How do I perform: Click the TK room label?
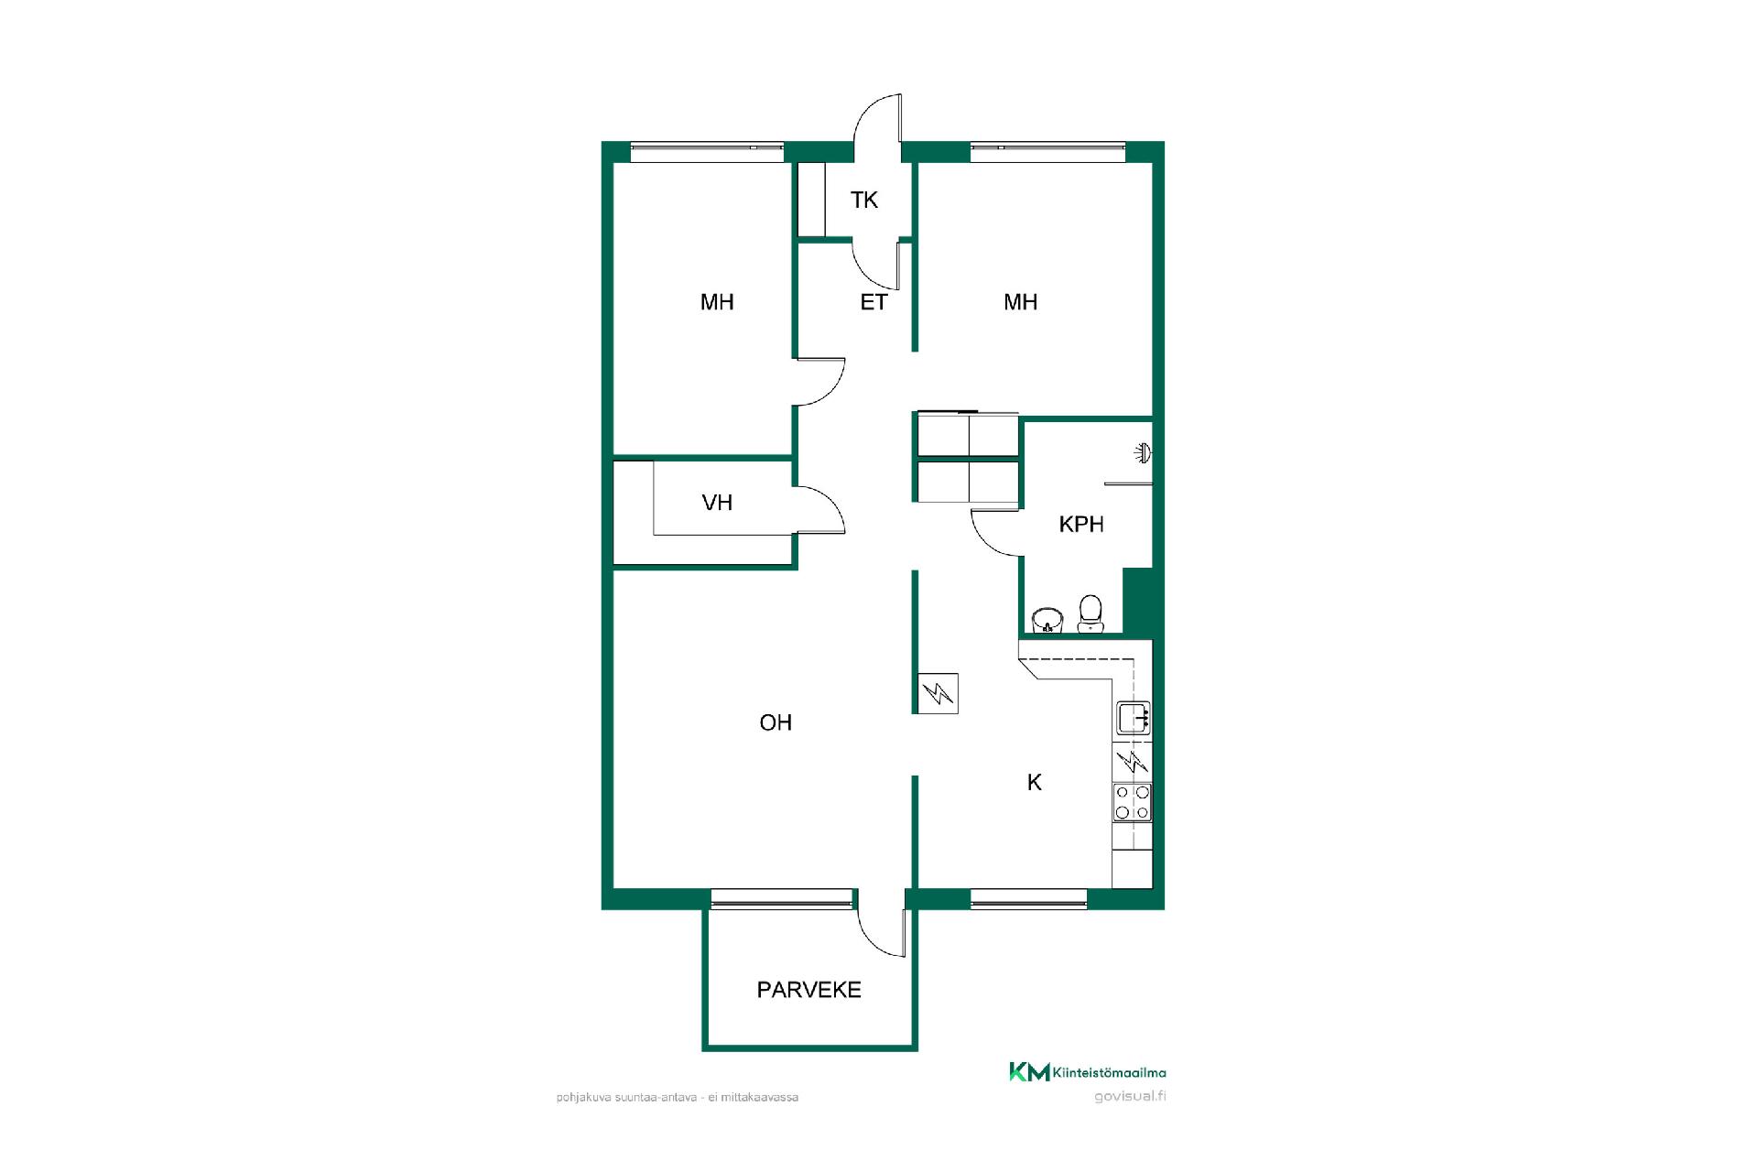[x=863, y=200]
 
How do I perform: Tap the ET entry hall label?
[x=874, y=302]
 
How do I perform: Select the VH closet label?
[x=717, y=503]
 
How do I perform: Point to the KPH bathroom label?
[x=1081, y=525]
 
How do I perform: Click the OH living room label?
[x=776, y=722]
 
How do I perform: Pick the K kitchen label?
[x=1035, y=782]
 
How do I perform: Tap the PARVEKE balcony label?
[x=809, y=990]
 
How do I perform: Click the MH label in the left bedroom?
[x=717, y=302]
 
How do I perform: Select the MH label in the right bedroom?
[x=1021, y=302]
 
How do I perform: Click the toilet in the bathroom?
[x=1091, y=613]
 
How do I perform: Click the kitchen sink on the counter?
[x=1134, y=718]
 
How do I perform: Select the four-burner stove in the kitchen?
[x=1133, y=802]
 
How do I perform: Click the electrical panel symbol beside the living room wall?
[x=937, y=694]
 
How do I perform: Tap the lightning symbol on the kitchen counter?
[x=1134, y=760]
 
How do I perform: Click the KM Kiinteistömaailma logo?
[x=1088, y=1072]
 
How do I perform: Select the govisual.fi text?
[x=1130, y=1097]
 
